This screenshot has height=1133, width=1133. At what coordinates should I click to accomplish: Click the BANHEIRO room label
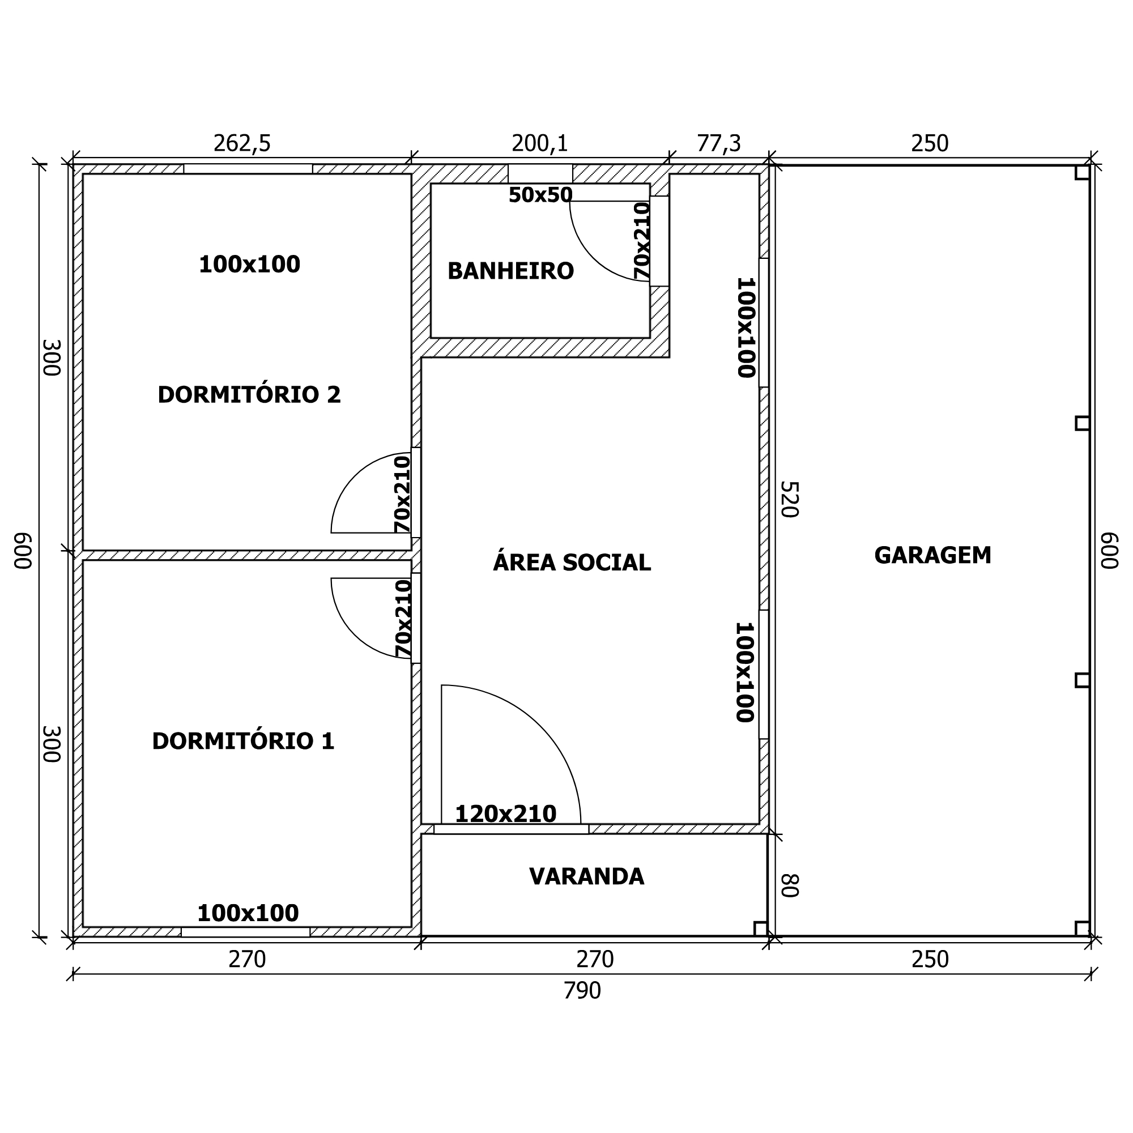(510, 271)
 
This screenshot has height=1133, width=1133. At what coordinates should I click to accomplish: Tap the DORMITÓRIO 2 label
(249, 394)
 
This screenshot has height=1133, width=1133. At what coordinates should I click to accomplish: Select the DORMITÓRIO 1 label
(244, 740)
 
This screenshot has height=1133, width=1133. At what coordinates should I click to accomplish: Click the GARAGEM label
(932, 555)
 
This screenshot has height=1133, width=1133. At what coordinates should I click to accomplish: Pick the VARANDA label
(586, 876)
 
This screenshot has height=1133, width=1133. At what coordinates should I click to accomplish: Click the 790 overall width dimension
(582, 1007)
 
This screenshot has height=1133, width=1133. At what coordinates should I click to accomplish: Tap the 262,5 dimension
(242, 144)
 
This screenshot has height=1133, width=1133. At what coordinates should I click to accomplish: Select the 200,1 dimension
(540, 144)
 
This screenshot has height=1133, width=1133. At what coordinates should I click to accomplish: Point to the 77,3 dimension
(719, 144)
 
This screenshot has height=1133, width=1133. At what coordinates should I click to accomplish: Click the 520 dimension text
(789, 499)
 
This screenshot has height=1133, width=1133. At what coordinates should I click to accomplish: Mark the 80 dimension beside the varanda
(789, 885)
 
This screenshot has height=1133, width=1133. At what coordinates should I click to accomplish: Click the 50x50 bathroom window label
(540, 195)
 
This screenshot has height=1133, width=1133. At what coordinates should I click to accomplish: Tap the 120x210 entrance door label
(505, 814)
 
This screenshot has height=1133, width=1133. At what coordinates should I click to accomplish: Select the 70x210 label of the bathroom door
(642, 240)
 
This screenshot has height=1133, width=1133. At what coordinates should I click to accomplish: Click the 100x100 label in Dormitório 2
(249, 265)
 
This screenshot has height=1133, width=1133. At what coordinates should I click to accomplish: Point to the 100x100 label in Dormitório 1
(248, 913)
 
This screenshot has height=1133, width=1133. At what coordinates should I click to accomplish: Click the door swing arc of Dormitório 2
(355, 476)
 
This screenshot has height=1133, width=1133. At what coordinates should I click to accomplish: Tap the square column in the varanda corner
(761, 929)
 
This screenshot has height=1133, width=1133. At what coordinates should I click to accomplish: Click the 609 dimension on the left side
(23, 551)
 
